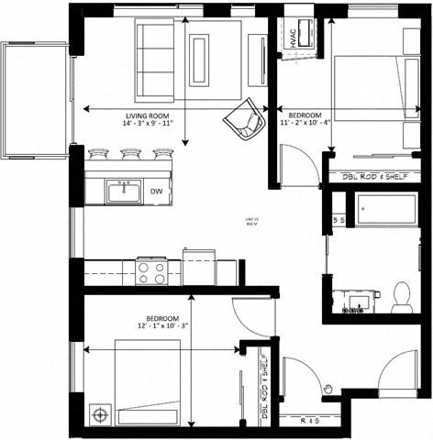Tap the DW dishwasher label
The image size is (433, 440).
156,192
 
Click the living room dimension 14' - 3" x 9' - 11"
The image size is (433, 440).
149,126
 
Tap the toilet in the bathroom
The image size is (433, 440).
401,295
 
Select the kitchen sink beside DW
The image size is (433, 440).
120,192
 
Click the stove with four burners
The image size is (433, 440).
151,272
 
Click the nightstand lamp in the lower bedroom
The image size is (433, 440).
99,414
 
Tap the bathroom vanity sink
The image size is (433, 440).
352,299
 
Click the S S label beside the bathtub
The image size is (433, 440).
338,221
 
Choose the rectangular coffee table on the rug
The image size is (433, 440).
199,60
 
